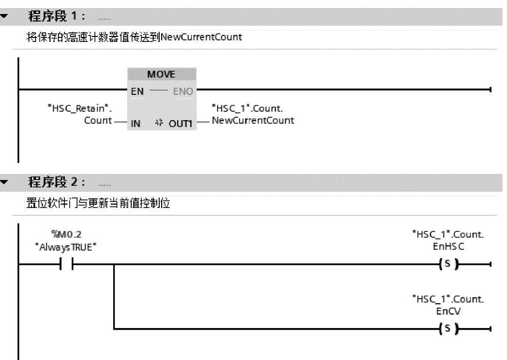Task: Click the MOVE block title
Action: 161,74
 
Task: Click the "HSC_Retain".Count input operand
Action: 78,114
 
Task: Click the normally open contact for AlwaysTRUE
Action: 67,264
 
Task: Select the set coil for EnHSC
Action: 447,264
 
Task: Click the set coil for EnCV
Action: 447,329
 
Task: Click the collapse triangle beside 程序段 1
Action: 5,16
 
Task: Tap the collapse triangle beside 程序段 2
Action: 5,182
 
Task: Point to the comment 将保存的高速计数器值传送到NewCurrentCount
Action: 134,37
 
